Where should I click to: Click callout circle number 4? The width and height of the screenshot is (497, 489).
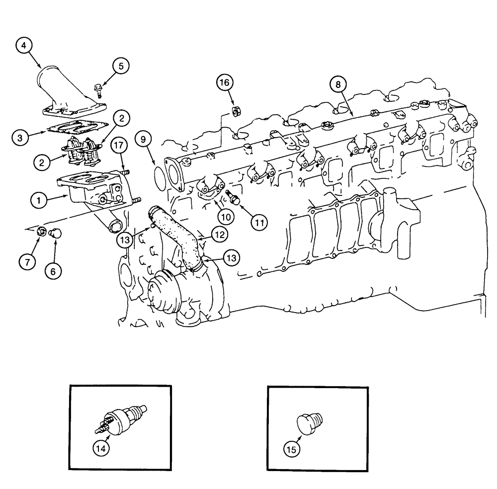pyautogui.click(x=24, y=47)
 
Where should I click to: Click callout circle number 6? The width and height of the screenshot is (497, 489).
pyautogui.click(x=54, y=271)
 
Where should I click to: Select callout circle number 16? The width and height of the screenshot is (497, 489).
pyautogui.click(x=225, y=82)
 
